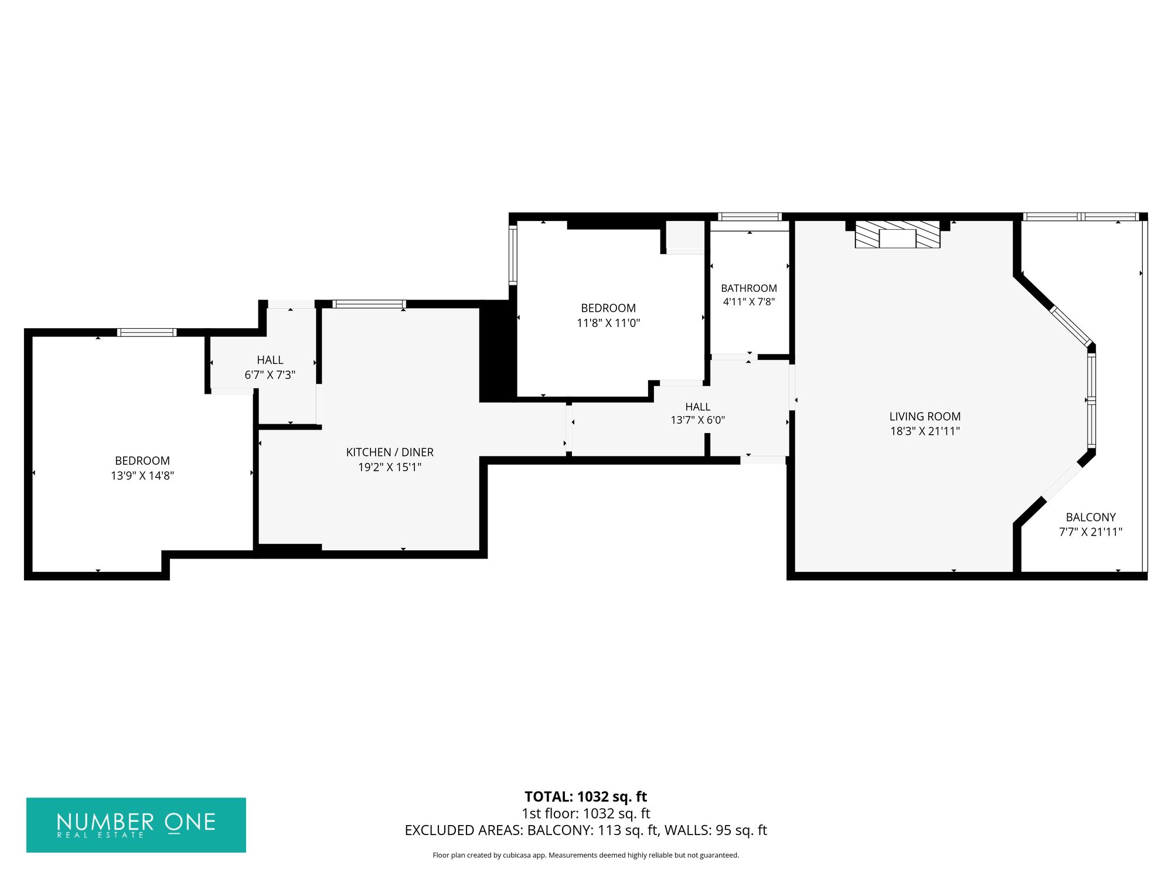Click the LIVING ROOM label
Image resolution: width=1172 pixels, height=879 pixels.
(925, 417)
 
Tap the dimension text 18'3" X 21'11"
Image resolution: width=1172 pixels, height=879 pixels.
(925, 431)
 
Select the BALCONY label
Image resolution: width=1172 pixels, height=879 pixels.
(1091, 517)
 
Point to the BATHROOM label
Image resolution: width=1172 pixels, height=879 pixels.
(749, 288)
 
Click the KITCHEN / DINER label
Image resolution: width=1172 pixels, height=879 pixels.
(390, 452)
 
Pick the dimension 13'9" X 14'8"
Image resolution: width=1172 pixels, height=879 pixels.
(142, 476)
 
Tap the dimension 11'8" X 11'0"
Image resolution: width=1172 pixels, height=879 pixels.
(608, 323)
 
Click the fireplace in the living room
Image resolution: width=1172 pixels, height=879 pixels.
(897, 234)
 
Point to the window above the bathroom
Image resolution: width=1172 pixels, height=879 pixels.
(749, 217)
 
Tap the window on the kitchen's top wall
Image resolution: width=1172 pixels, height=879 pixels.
(369, 304)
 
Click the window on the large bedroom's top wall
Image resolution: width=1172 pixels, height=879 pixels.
(146, 333)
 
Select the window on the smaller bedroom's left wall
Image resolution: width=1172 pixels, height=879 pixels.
(513, 255)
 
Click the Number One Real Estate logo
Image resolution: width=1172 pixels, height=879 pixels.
(136, 825)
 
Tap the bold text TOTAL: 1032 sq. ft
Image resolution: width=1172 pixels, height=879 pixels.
(585, 797)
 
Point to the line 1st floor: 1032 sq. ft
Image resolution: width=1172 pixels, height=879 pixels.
(585, 813)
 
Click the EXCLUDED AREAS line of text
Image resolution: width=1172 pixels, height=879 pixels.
(585, 830)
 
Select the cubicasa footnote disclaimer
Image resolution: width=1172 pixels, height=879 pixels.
(585, 856)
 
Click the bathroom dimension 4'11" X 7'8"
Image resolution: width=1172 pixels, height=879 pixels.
(749, 302)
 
